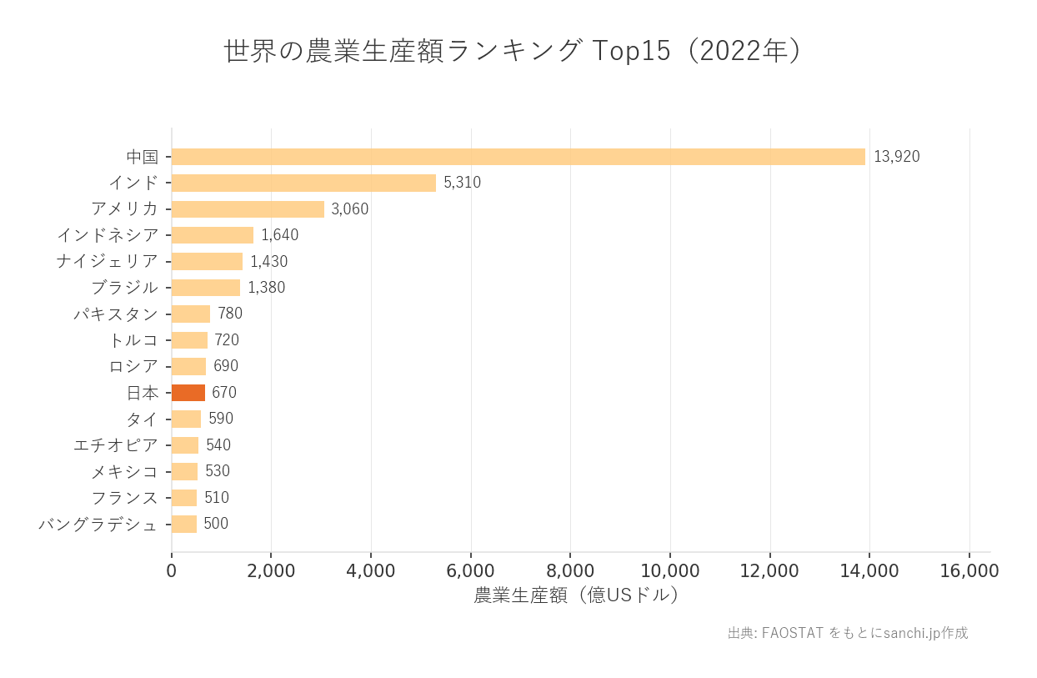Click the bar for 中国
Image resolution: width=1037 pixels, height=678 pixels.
coord(518,157)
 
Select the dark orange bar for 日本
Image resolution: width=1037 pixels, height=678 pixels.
coord(188,393)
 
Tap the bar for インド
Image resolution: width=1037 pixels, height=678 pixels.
coord(303,183)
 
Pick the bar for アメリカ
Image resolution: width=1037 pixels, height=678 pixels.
coord(248,209)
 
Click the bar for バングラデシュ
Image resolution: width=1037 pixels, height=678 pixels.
coord(184,524)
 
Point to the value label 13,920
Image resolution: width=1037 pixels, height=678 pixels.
coord(896,157)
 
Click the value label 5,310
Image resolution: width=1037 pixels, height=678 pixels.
coord(462,183)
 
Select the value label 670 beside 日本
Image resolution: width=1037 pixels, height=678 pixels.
coord(224,393)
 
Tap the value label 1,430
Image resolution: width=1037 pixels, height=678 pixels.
coord(268,262)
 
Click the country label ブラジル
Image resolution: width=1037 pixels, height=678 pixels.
coord(124,288)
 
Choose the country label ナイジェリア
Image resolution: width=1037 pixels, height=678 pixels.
coord(107,262)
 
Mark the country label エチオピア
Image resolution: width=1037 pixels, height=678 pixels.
coord(115,445)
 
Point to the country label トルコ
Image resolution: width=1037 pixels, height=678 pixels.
coord(133,340)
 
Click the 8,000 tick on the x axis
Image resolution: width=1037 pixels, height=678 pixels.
coord(570,571)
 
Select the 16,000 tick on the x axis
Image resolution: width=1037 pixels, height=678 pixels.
coord(969,571)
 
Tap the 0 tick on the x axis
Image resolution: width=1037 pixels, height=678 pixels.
coord(172,571)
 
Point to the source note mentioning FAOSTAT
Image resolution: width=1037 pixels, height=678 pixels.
coord(848,633)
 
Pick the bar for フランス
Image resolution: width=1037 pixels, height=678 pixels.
coord(184,498)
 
